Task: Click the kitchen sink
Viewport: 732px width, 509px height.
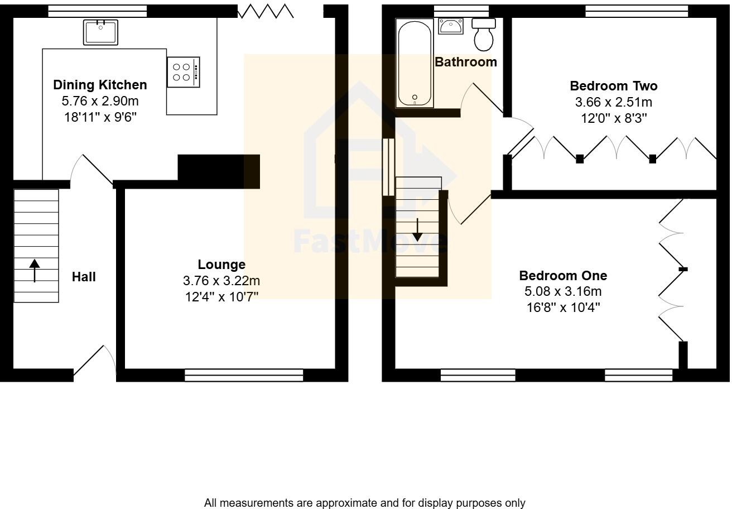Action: [x=100, y=32]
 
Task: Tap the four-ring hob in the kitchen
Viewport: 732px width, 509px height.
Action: [x=183, y=72]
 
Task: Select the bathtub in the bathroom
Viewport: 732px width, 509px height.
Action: [x=415, y=63]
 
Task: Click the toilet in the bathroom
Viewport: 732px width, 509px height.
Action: [x=484, y=34]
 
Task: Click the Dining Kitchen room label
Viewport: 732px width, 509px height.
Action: [x=100, y=85]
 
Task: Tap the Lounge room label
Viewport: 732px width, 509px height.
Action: [x=221, y=265]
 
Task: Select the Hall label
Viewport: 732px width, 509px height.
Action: [x=84, y=277]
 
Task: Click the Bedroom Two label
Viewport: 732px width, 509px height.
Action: [x=613, y=86]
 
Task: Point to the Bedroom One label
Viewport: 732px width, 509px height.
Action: [x=563, y=276]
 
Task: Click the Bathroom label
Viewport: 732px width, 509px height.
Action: [x=466, y=62]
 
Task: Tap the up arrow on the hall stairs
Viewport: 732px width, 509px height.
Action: [x=35, y=270]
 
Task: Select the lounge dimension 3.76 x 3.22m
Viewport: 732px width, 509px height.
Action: [x=221, y=281]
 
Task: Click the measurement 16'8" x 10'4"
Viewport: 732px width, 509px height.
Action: [x=563, y=307]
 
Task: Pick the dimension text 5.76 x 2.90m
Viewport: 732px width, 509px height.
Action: [x=100, y=101]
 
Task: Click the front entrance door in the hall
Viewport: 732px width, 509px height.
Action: [x=94, y=363]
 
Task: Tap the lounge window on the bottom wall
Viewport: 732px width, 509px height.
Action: [x=244, y=375]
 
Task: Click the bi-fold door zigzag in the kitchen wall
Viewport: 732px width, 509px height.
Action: [x=266, y=11]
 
